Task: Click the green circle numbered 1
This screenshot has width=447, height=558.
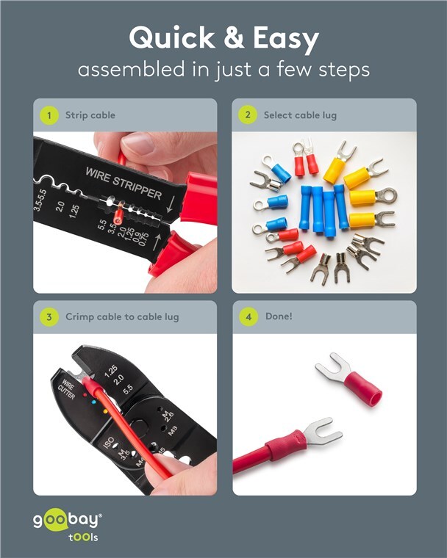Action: (x=49, y=115)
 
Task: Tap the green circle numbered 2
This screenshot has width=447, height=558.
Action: (x=248, y=115)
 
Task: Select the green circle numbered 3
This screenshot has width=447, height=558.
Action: (x=49, y=317)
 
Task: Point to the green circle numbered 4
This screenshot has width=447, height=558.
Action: (x=248, y=316)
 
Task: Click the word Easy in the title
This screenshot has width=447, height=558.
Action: (x=286, y=39)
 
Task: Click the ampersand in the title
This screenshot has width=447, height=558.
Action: (x=234, y=37)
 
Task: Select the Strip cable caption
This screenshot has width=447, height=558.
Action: (x=90, y=115)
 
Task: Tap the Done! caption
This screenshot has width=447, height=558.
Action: (x=279, y=316)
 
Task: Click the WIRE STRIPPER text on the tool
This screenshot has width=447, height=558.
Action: (x=124, y=183)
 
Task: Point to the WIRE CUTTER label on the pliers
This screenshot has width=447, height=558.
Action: (x=67, y=390)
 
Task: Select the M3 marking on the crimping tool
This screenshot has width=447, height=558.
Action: (x=173, y=431)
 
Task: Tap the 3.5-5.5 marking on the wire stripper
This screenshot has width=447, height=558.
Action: (x=40, y=200)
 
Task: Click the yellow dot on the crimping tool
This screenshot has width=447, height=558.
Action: (x=105, y=412)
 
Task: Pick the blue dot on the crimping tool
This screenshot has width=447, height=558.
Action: (x=94, y=402)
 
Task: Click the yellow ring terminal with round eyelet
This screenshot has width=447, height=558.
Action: (x=373, y=197)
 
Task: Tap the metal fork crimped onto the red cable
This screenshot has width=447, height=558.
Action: (x=323, y=432)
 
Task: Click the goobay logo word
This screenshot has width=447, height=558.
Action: (x=68, y=521)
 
